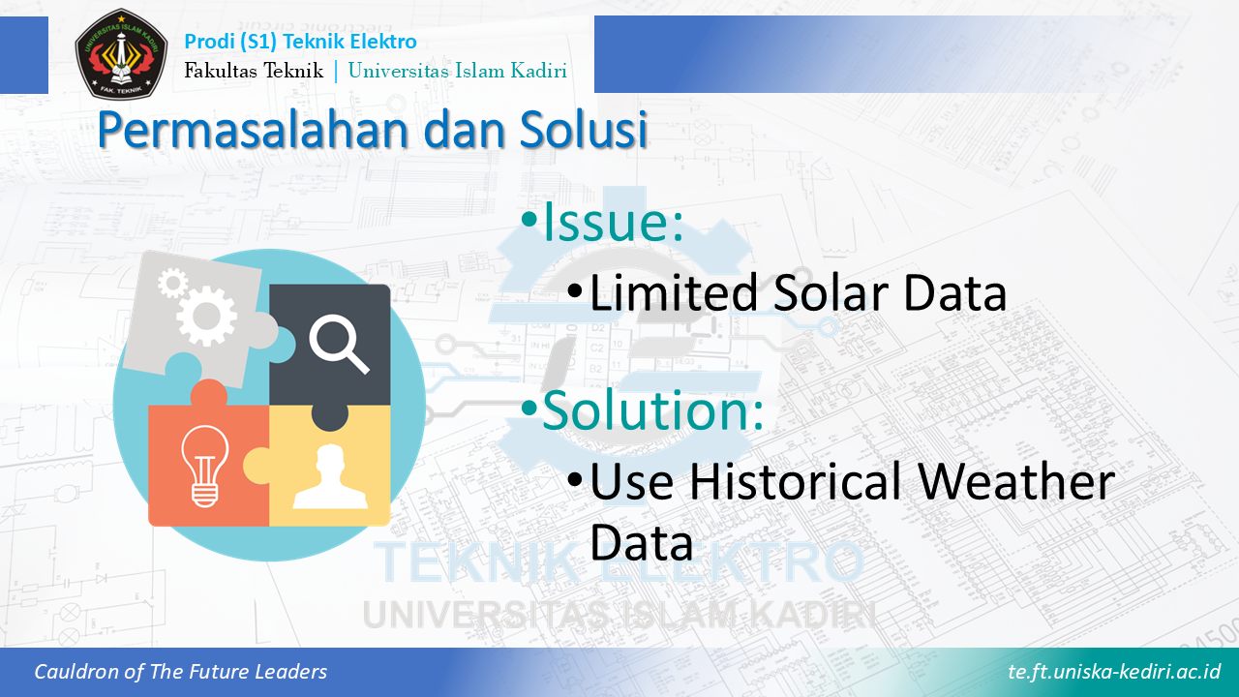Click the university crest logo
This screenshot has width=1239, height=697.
[x=121, y=53]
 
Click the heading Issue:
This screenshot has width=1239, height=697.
[x=614, y=222]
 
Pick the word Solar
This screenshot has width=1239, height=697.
[x=832, y=292]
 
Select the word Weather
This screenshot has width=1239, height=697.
[x=1016, y=482]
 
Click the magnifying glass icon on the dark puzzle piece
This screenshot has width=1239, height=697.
[x=339, y=344]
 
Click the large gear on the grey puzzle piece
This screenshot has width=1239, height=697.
[x=207, y=316]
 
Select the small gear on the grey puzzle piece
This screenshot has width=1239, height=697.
[x=172, y=284]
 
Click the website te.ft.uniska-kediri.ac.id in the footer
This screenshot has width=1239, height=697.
[x=1114, y=671]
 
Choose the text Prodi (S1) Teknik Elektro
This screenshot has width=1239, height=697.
[x=300, y=42]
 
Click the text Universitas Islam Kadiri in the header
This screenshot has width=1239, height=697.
[x=458, y=71]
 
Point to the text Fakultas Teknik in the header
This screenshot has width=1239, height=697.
[x=254, y=71]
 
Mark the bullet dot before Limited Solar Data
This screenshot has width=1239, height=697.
[x=575, y=289]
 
